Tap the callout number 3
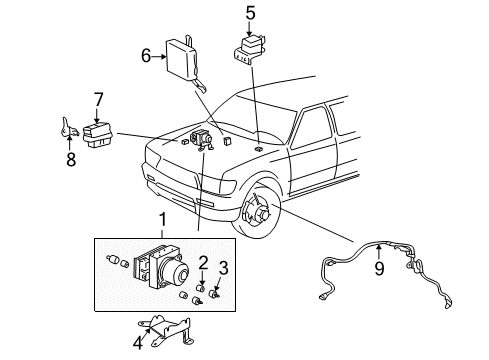[x=224, y=267]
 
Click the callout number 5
[x=251, y=14]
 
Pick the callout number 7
[x=97, y=98]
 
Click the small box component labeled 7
[x=101, y=132]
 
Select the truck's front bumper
[x=180, y=195]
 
